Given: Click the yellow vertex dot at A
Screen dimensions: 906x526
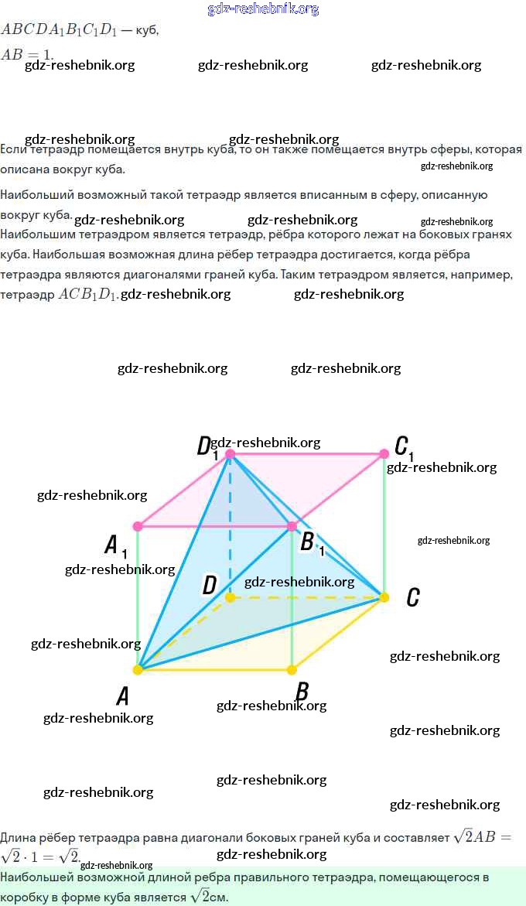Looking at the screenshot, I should point(138,669).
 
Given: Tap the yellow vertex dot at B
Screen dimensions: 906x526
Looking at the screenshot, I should point(292,669).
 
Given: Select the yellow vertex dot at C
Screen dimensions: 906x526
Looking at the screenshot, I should point(384,597).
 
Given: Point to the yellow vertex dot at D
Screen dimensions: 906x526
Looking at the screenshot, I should point(230,597).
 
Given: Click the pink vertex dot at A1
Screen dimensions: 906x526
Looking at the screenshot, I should point(138,526).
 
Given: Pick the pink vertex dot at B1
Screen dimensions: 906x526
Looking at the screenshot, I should point(292,526).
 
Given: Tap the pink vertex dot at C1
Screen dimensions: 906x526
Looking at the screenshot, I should point(384,453).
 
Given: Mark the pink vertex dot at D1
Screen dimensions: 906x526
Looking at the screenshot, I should point(230,453).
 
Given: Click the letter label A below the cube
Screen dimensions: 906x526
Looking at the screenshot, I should point(122,696).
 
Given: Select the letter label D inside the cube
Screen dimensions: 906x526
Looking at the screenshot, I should point(209,586).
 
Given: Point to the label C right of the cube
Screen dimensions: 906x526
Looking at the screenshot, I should point(413,597).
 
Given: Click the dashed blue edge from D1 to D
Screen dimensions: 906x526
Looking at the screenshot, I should point(230,534).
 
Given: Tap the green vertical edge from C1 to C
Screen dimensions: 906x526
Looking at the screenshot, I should point(384,526).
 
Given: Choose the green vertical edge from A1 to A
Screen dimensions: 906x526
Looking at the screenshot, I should point(138,597).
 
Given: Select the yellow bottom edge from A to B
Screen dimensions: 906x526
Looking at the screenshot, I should point(215,669).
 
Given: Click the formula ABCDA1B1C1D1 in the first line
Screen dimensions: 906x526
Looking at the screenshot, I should point(59,30).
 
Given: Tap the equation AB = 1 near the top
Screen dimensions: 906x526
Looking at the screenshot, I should point(27,55).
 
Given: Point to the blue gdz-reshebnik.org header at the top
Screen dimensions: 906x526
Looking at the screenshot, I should point(263,9).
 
